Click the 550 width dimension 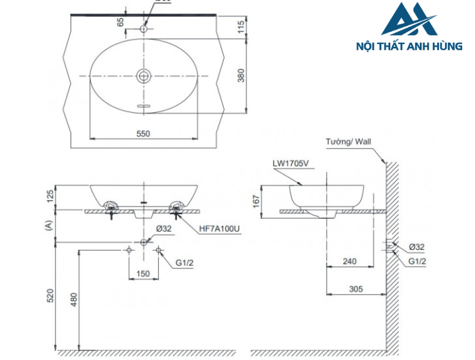(x=142, y=134)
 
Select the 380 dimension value (x=241, y=76)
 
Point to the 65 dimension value (x=121, y=22)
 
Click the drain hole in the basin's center (x=143, y=75)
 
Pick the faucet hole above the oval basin (x=143, y=29)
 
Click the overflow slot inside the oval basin (x=143, y=106)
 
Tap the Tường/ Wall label (x=347, y=143)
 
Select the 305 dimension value (x=356, y=289)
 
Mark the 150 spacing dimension (x=143, y=273)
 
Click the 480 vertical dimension (x=73, y=299)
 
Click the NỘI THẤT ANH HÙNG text (x=409, y=47)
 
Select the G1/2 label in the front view (x=185, y=262)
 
